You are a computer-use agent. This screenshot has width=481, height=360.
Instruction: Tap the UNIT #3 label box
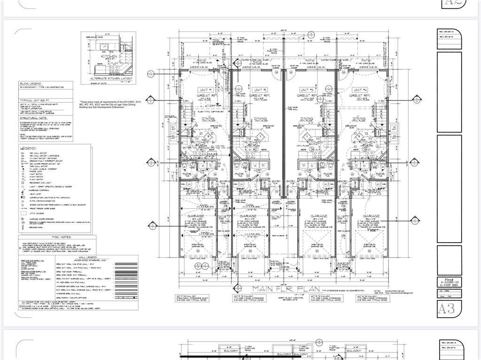(307, 90)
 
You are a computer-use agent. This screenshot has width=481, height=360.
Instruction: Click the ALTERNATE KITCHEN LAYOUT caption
(109, 78)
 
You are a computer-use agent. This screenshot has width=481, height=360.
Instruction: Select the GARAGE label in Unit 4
(368, 216)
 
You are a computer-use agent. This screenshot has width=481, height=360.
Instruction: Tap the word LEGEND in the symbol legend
(28, 148)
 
